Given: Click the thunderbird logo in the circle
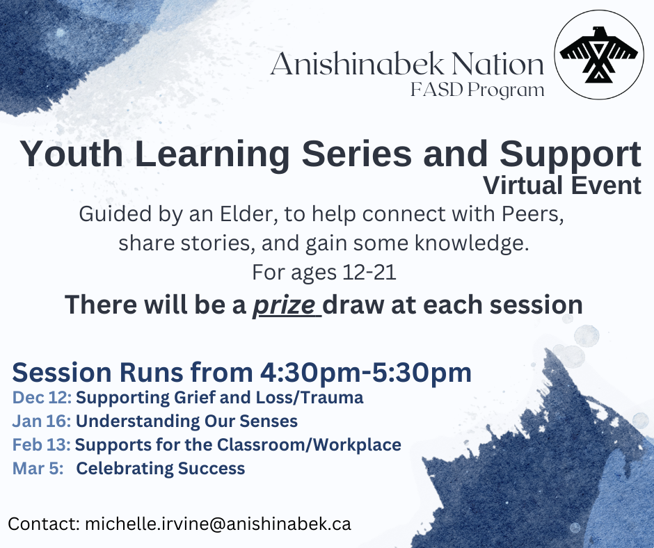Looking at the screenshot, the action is [x=598, y=55].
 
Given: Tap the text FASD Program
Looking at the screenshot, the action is [x=477, y=90].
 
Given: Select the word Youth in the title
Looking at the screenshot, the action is [x=72, y=154].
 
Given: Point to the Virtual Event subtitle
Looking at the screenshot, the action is [x=562, y=185].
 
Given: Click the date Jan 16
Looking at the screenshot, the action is [x=42, y=421].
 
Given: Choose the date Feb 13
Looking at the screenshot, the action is [x=42, y=444].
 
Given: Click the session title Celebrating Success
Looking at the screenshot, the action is [x=161, y=468].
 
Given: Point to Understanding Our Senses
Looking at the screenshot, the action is [x=186, y=421].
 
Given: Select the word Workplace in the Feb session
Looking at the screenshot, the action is [x=357, y=445].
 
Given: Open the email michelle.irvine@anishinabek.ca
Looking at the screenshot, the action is [x=218, y=524].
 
